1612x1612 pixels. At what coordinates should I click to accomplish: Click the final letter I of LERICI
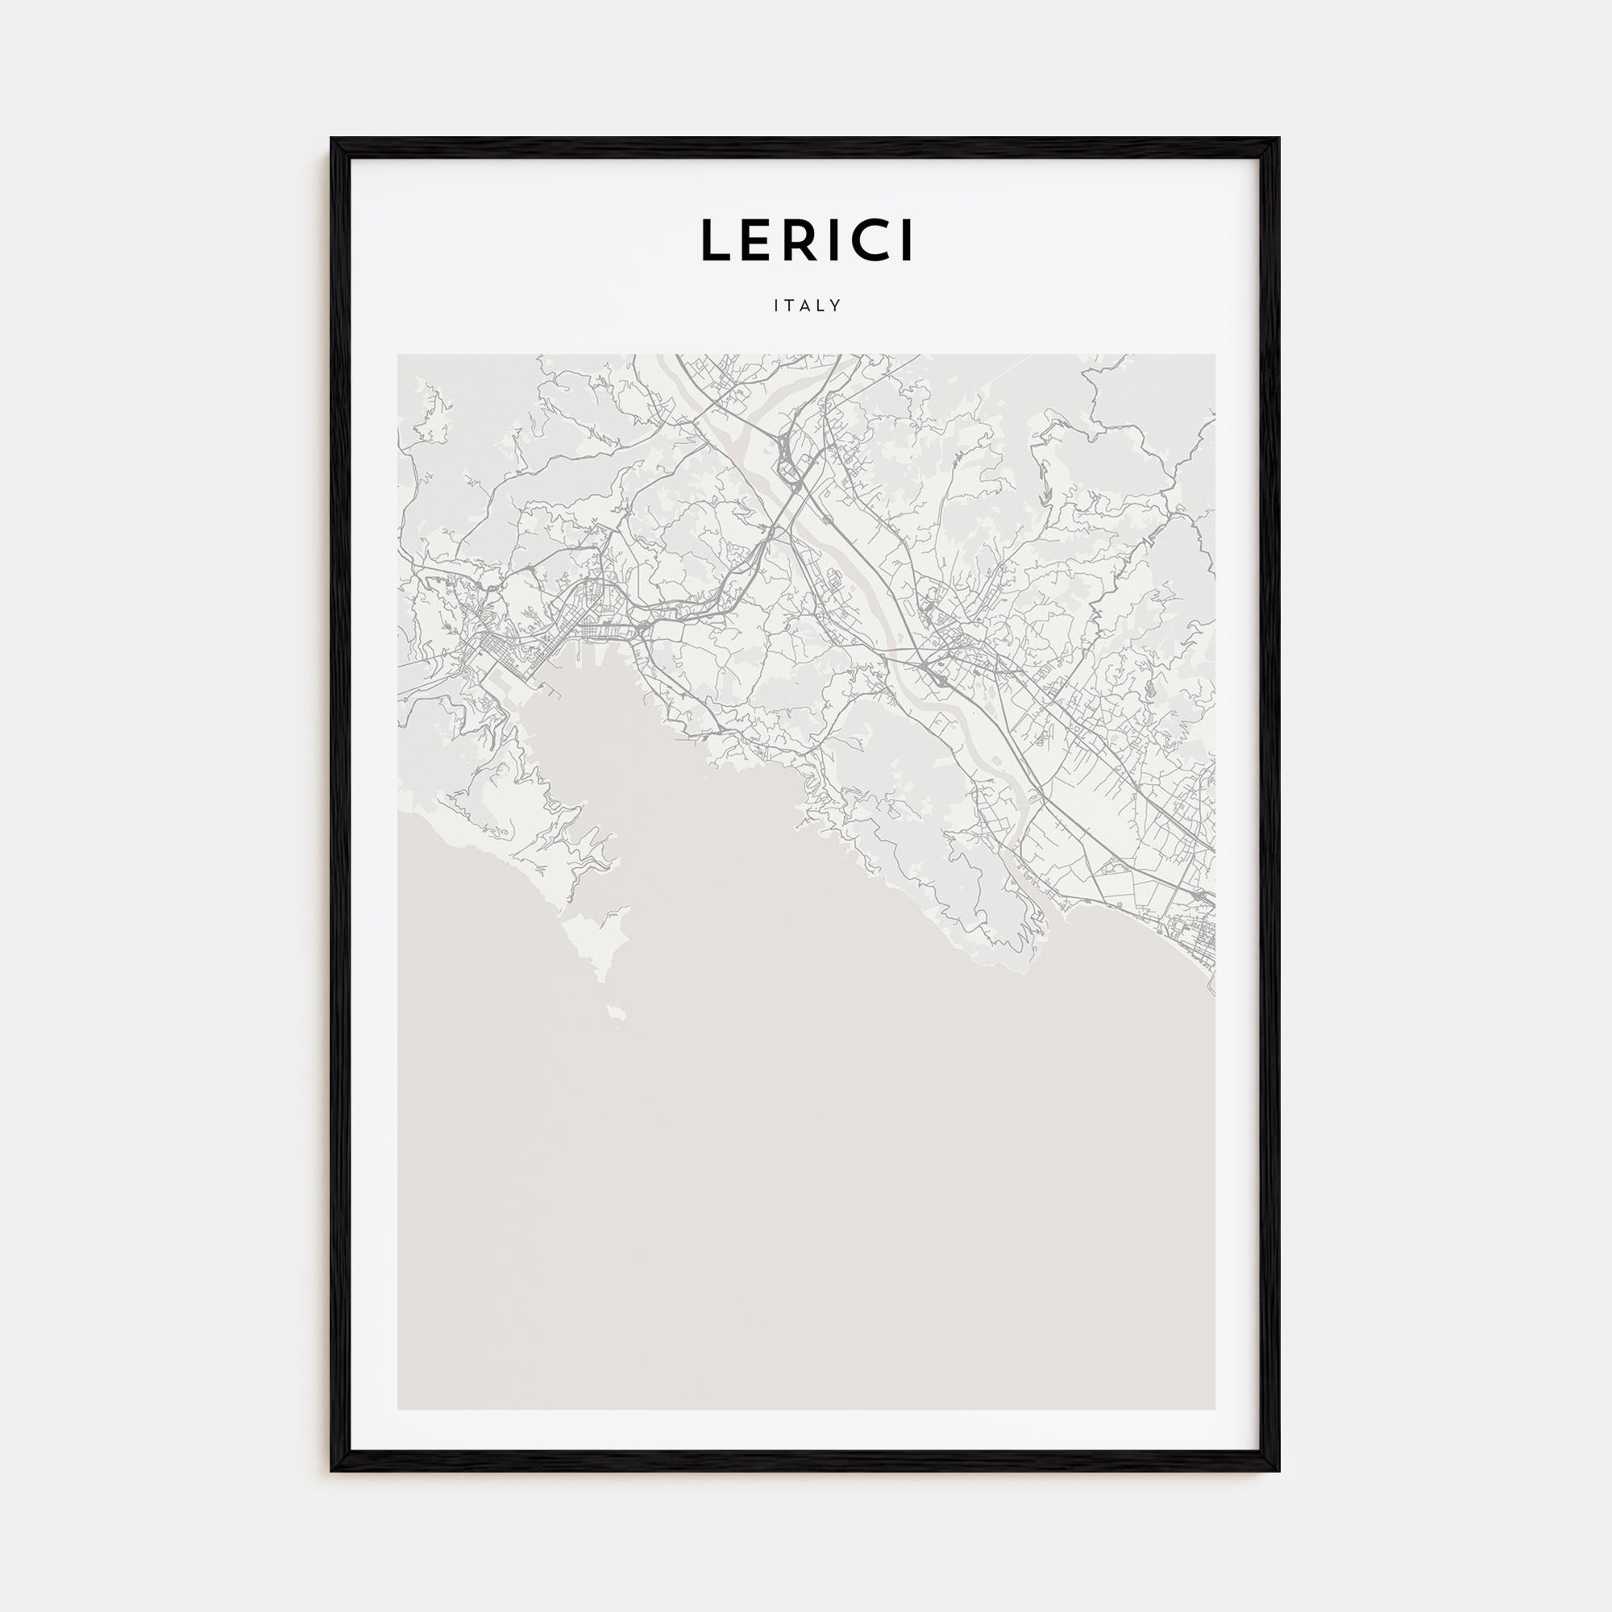coord(907,240)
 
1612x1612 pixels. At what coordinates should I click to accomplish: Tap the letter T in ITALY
coord(788,306)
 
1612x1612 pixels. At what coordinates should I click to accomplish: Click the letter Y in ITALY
coord(835,306)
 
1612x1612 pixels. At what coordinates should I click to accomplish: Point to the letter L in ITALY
coord(821,306)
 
